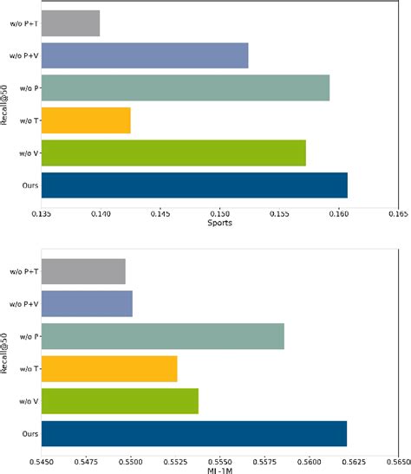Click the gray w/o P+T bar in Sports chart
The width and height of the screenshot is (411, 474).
[x=70, y=23]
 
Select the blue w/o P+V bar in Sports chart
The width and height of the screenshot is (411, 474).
[x=145, y=55]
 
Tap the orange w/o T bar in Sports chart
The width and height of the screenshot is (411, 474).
[x=86, y=120]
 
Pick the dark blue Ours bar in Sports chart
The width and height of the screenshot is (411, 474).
[x=194, y=185]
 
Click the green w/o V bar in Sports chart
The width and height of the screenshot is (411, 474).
[x=173, y=153]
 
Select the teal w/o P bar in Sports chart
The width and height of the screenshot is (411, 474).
[x=186, y=88]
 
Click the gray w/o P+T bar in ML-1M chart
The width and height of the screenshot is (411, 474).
[x=83, y=271]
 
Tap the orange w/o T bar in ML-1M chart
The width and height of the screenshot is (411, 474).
[x=109, y=368]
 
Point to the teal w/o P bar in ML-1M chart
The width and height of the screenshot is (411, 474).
[x=163, y=336]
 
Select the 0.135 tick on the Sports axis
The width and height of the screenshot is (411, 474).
[x=42, y=211]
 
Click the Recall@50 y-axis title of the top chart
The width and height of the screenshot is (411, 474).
[x=6, y=104]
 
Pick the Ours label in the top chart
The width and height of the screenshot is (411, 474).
[x=29, y=185]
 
